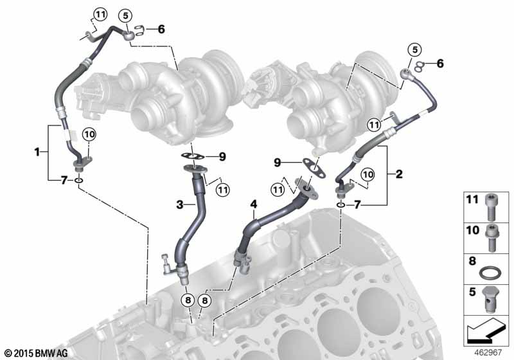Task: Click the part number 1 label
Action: (x=37, y=152)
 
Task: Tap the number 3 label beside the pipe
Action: (x=182, y=204)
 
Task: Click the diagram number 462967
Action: (x=489, y=352)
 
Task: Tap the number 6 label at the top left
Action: (x=161, y=29)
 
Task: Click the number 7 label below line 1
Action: (x=64, y=179)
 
